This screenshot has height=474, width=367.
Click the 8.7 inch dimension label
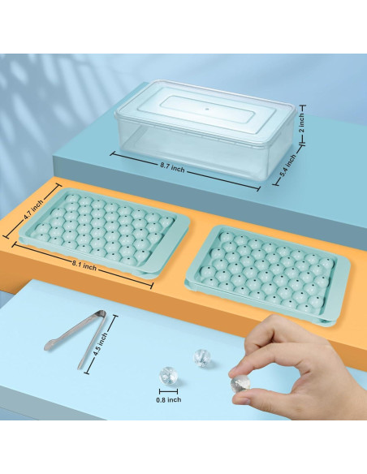[172, 167]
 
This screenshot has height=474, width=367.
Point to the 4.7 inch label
[34, 208]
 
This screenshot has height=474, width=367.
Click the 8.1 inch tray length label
[84, 266]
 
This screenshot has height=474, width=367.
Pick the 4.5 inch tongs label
[101, 345]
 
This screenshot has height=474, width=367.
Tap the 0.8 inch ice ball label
[169, 399]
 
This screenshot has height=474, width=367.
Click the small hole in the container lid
[207, 108]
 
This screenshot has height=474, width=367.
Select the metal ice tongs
[77, 337]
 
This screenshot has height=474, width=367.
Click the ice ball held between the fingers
[240, 384]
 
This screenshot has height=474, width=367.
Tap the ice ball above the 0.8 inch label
[168, 376]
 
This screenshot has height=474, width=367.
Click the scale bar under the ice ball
[168, 392]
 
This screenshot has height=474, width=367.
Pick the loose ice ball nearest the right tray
[201, 358]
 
